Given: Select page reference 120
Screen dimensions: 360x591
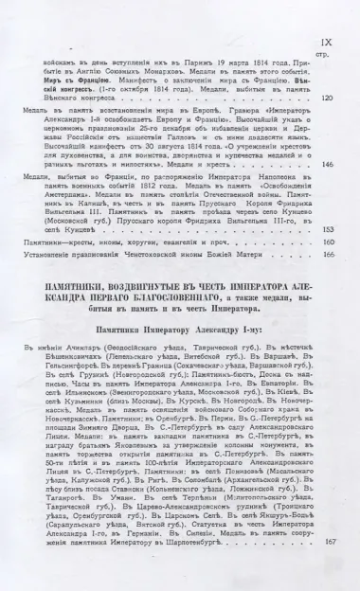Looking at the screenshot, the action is point(328,98).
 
